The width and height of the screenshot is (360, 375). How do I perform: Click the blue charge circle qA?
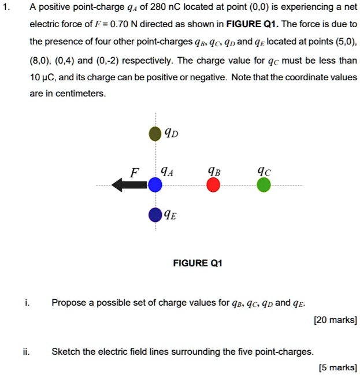tap(155, 185)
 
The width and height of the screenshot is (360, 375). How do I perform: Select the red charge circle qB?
tap(213, 185)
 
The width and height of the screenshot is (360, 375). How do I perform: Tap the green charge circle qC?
tap(263, 185)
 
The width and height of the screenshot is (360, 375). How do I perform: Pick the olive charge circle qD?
tap(155, 135)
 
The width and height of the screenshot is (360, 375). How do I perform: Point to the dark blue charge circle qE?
tap(155, 216)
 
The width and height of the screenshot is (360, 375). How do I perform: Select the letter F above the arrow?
tap(135, 172)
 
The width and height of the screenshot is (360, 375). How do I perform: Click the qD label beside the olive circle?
tap(172, 135)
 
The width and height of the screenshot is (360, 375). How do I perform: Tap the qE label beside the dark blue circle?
tap(170, 216)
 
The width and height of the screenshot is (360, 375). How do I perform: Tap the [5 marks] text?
tap(337, 367)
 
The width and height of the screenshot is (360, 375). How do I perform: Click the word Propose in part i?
tap(68, 302)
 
